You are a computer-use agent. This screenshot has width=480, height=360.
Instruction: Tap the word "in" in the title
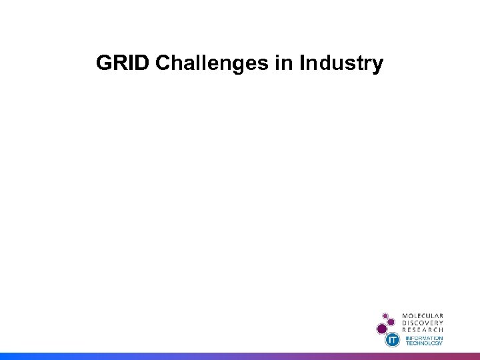[x=281, y=64]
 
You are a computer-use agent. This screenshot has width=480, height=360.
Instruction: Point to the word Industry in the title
[x=341, y=64]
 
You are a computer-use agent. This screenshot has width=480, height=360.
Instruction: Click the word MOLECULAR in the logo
[x=423, y=315]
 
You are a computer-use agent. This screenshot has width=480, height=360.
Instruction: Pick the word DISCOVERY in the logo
[x=423, y=323]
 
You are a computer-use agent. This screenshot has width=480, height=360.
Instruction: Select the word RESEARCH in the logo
[x=423, y=330]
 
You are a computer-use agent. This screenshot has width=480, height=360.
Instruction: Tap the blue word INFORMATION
[x=425, y=338]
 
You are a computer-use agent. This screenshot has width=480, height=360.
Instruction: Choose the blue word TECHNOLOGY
[x=425, y=343]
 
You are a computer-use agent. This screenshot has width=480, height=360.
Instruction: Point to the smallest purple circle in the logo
[x=385, y=315]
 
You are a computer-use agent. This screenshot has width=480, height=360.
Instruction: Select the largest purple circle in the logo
[x=382, y=329]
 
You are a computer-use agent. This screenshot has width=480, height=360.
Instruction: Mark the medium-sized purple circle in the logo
[x=391, y=322]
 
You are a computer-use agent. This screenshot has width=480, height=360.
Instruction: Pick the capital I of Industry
[x=303, y=64]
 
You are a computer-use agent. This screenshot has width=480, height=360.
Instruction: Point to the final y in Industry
[x=378, y=66]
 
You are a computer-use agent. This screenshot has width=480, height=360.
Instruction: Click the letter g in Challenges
[x=233, y=66]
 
